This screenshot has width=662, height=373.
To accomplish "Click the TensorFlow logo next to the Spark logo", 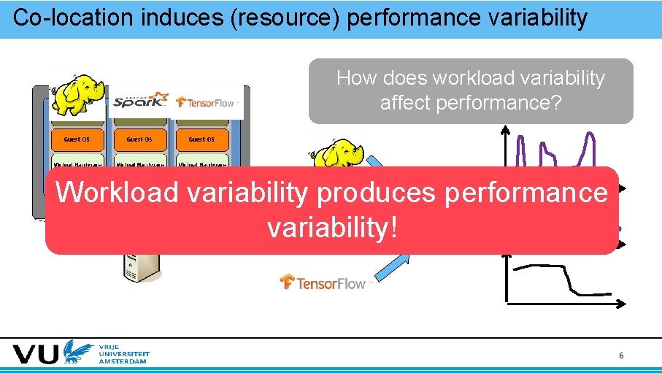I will [205, 102].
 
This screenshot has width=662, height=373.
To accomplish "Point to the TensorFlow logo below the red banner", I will [326, 282].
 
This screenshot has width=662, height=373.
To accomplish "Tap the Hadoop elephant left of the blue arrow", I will [337, 155].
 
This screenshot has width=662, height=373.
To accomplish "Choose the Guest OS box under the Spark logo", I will [139, 139].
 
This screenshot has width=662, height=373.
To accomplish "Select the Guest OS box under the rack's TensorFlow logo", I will [201, 139].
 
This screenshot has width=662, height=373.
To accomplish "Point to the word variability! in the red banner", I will [333, 228].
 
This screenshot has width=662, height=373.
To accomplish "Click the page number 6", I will [621, 355].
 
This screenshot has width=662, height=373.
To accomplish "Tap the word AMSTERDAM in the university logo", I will [122, 361].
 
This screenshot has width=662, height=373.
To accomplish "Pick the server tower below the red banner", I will [139, 267].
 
